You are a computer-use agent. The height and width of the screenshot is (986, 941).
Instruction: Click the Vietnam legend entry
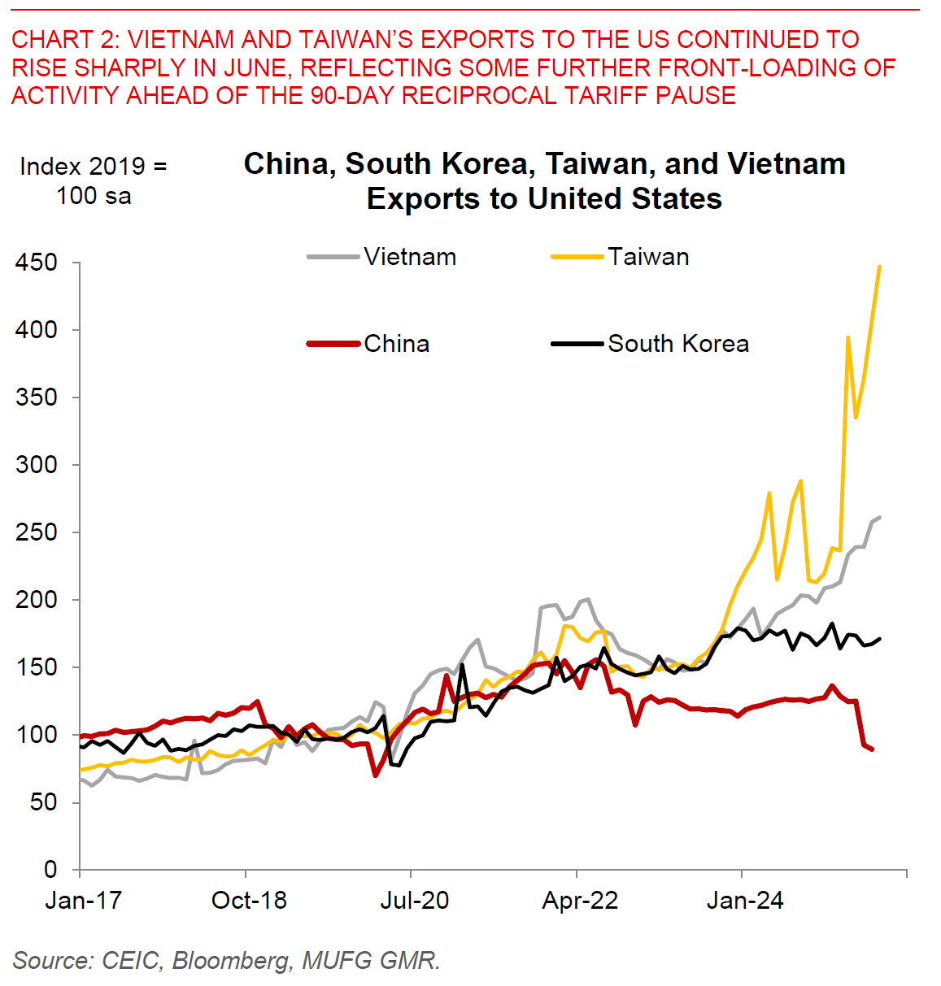point(409,257)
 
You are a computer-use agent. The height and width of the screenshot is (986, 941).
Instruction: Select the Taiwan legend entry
point(647,257)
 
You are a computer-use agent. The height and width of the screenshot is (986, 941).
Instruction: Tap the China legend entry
point(396,344)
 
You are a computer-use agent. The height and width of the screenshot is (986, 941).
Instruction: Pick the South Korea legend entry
point(677,344)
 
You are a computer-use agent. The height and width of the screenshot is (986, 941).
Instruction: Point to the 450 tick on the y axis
point(37,263)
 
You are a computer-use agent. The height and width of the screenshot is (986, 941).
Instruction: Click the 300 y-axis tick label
point(37,465)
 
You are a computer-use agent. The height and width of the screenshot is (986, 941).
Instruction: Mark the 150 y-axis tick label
point(37,667)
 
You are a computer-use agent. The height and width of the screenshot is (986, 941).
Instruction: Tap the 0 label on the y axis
point(50,870)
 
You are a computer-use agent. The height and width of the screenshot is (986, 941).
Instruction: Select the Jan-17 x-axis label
point(83,901)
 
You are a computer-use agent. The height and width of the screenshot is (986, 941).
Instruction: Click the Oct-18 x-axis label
point(249,901)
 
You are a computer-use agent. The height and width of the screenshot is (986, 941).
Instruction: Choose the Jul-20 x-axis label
point(415,901)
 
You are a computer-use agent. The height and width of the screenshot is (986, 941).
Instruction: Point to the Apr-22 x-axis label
point(580,901)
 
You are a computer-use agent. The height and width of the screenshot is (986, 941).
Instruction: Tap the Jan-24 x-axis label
point(745,901)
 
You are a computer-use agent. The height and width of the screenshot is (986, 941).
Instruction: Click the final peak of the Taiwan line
point(880,267)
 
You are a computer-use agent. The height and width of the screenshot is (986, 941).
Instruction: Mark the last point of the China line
point(873,749)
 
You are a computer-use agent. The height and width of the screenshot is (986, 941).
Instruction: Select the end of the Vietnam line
point(880,517)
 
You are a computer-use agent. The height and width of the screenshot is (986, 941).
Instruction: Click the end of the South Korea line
point(880,639)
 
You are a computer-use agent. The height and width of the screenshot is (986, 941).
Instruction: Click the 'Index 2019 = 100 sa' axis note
point(93,180)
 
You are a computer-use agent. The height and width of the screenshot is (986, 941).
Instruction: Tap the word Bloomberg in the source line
point(231,961)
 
